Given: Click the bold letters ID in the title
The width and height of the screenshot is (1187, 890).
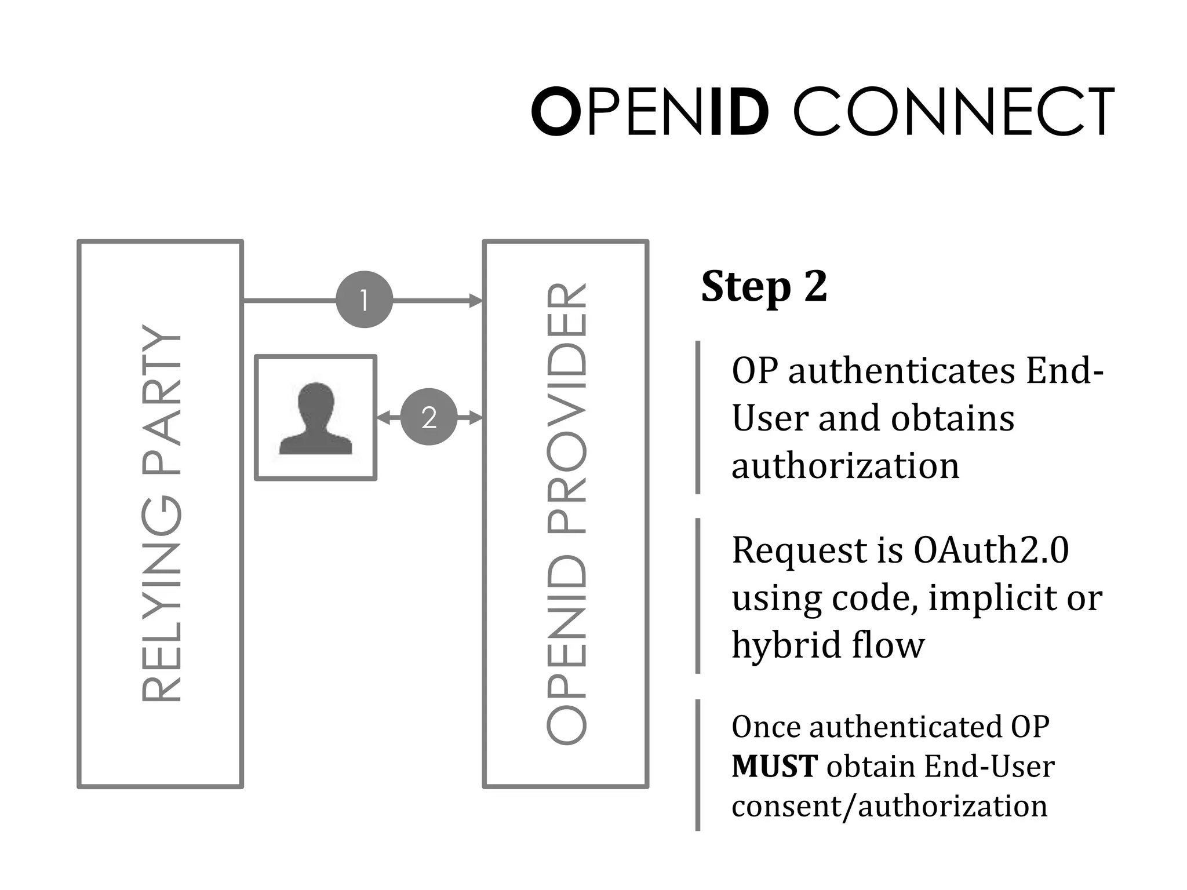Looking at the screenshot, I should [740, 112].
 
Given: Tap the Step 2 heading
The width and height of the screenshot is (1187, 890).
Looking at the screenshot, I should [764, 286].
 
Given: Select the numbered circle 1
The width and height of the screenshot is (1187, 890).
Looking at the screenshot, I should [364, 300].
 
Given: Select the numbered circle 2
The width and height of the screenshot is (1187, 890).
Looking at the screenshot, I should [429, 417].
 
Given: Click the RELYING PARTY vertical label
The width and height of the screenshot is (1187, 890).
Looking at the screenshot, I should [161, 513].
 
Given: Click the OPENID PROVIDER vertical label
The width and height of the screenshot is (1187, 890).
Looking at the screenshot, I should [566, 513].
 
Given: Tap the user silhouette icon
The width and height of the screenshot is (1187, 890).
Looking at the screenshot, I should [316, 418].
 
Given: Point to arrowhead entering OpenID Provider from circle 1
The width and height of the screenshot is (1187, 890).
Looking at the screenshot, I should [475, 300].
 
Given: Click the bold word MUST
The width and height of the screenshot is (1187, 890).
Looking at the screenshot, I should [774, 767].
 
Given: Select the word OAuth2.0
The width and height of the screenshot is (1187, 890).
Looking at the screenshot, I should [991, 550].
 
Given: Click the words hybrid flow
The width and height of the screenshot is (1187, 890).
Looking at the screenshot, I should [828, 645].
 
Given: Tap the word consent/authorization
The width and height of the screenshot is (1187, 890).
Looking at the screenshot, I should [889, 806].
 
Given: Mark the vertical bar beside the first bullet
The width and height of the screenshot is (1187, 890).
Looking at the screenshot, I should [698, 417].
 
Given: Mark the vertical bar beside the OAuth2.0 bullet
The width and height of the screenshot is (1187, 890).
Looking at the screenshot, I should [698, 596].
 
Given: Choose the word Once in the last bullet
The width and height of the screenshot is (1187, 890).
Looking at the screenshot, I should [766, 727].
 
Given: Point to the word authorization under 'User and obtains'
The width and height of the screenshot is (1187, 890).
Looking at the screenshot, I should [845, 466].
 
